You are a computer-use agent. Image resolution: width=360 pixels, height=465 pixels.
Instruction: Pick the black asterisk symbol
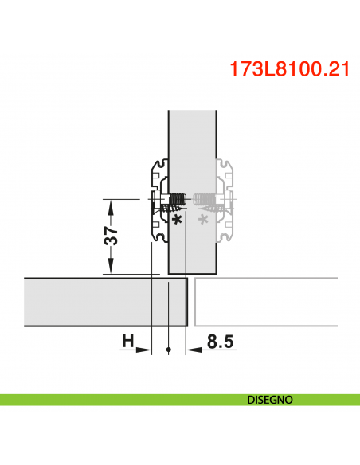tap(177, 217)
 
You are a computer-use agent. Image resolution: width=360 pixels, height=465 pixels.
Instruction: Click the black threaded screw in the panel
tap(178, 199)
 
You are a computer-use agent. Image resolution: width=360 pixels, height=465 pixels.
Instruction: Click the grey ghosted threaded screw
tap(205, 199)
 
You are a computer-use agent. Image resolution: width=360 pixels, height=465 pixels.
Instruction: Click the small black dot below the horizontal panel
tap(169, 350)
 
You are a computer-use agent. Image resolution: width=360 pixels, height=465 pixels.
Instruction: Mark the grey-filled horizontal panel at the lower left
tap(96, 301)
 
